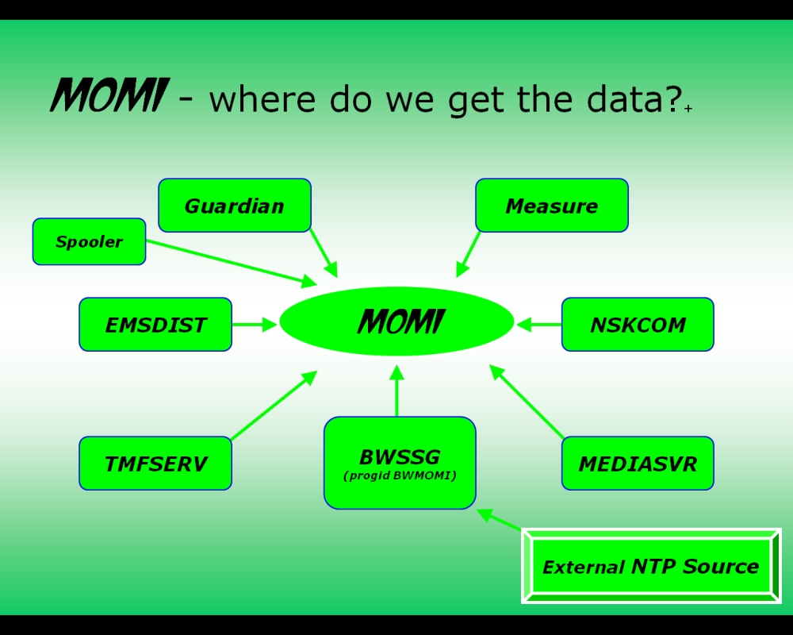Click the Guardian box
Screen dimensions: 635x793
(x=235, y=206)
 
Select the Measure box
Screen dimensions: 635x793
(x=552, y=206)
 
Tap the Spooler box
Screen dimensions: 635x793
(x=89, y=242)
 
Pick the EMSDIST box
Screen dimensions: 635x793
(x=155, y=325)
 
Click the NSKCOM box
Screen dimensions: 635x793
(x=638, y=325)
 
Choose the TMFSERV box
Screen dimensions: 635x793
(x=155, y=464)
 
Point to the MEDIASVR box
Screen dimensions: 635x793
(x=638, y=464)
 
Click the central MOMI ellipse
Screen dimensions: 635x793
(x=396, y=321)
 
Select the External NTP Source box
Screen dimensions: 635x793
(x=651, y=566)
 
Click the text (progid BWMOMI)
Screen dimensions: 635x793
(x=400, y=476)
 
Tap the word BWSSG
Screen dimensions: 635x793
(x=400, y=457)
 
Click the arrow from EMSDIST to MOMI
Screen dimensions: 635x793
(x=254, y=325)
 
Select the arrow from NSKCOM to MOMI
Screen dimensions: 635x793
(x=539, y=324)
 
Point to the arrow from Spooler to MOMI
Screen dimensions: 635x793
(x=230, y=262)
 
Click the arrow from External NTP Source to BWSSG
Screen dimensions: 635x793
(x=500, y=520)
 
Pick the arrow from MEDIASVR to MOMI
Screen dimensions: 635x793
(x=527, y=401)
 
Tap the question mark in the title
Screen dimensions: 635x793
(x=673, y=98)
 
